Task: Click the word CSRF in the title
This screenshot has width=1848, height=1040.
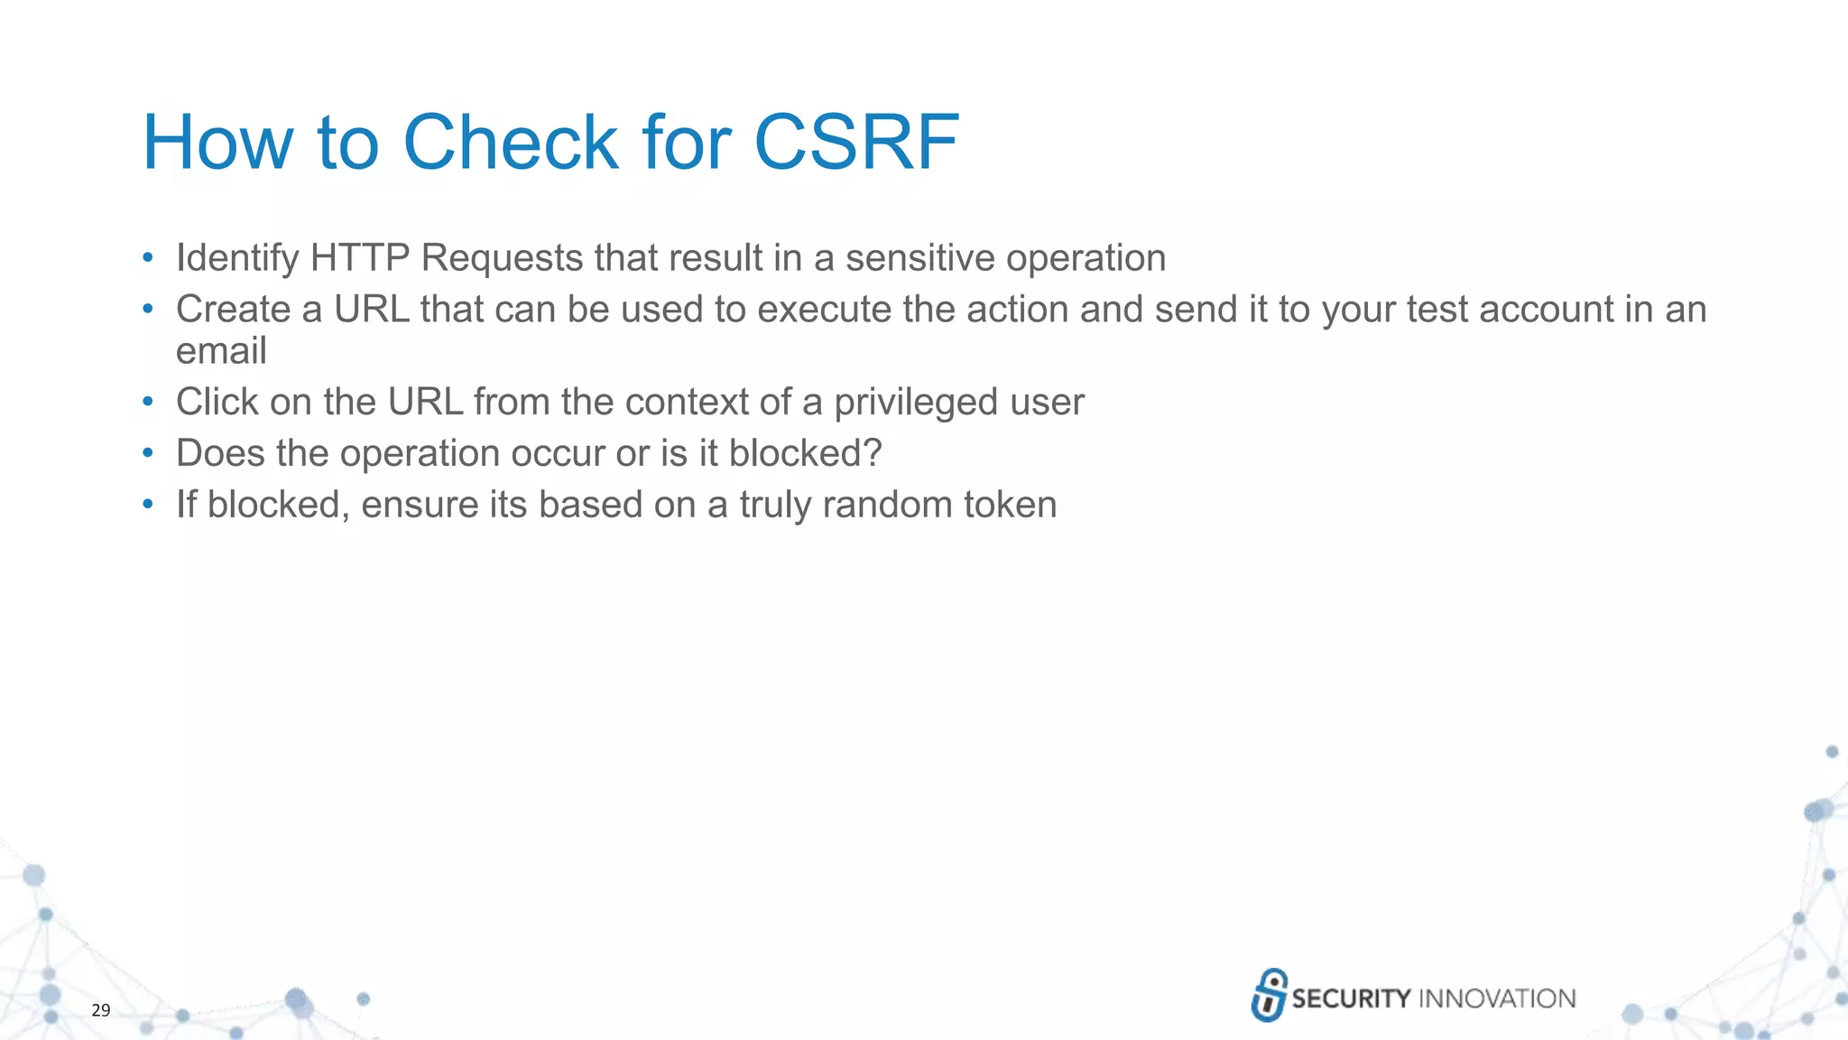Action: pyautogui.click(x=855, y=143)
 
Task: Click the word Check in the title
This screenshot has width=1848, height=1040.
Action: pyautogui.click(x=511, y=143)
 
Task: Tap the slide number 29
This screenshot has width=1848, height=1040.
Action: pyautogui.click(x=101, y=1010)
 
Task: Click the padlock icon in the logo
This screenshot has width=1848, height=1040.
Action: pyautogui.click(x=1269, y=995)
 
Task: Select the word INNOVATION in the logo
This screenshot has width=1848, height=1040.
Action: pyautogui.click(x=1497, y=998)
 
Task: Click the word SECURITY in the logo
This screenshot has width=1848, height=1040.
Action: pyautogui.click(x=1351, y=998)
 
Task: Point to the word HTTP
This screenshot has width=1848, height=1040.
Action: pyautogui.click(x=360, y=258)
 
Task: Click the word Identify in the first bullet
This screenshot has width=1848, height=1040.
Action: pyautogui.click(x=237, y=258)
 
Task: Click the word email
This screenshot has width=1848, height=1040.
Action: pyautogui.click(x=221, y=351)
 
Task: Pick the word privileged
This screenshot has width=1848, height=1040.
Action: pyautogui.click(x=915, y=403)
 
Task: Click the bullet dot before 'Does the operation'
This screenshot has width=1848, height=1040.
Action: pyautogui.click(x=148, y=453)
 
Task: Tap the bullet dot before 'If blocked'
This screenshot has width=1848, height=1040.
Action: pyautogui.click(x=148, y=505)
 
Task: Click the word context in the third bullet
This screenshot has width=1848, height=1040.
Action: pyautogui.click(x=685, y=403)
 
